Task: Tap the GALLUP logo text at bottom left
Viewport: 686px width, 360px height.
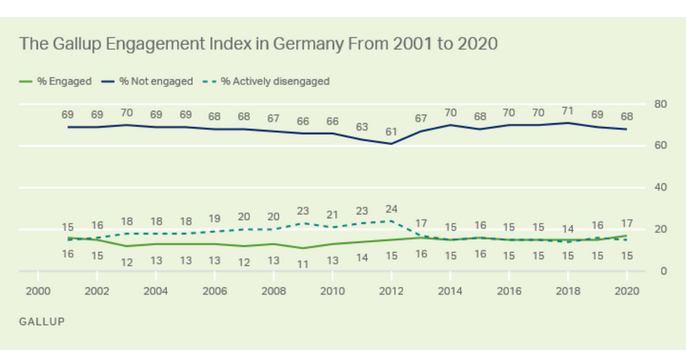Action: pos(41,322)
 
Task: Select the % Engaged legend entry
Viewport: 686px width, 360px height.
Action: pos(59,81)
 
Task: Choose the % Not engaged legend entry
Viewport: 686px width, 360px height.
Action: pos(149,81)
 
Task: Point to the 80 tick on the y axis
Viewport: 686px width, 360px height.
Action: pos(661,103)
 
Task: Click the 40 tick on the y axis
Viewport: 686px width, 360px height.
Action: pos(661,187)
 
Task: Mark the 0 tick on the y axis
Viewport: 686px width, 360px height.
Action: pos(664,271)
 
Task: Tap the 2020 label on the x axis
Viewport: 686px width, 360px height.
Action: pos(626,291)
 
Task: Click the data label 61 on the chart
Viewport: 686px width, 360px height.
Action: pos(391,131)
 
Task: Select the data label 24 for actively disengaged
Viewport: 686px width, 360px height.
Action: pos(391,209)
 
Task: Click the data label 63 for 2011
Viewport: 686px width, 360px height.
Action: pos(361,127)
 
